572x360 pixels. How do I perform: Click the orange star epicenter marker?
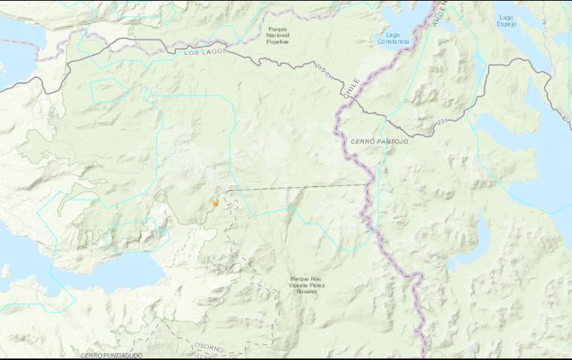(215, 203)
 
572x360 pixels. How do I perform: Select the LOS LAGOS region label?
(202, 53)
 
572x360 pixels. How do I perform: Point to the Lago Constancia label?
(392, 38)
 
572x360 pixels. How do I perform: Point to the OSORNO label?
(209, 347)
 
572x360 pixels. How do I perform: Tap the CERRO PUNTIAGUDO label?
(111, 356)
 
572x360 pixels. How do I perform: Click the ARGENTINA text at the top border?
(439, 10)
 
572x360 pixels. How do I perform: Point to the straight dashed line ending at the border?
(297, 188)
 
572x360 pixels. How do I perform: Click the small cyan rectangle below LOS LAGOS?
(108, 90)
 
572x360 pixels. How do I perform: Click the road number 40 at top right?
(545, 23)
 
